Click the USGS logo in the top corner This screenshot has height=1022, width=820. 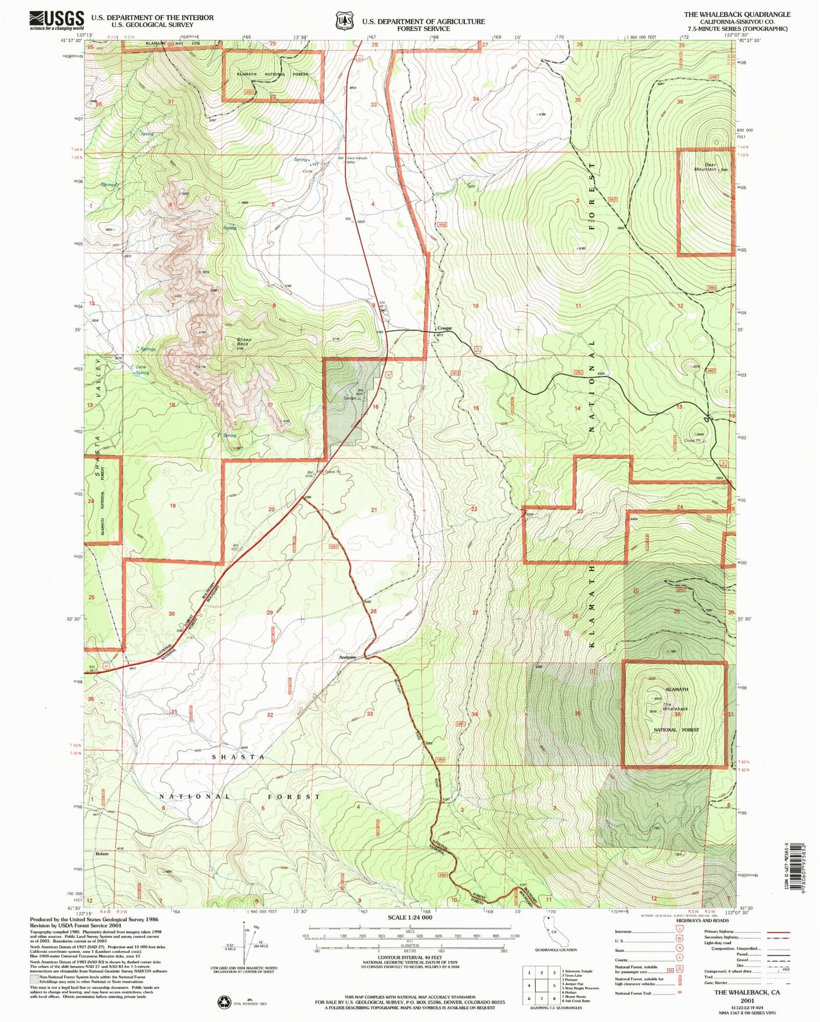click(x=57, y=21)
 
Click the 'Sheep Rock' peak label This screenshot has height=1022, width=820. click(x=244, y=342)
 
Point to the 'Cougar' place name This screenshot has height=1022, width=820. click(x=444, y=328)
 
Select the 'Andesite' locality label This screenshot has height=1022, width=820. click(x=347, y=657)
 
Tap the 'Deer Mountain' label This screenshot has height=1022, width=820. click(x=705, y=167)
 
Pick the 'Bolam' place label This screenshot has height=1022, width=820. click(x=102, y=854)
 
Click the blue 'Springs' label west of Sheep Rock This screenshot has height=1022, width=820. click(x=148, y=349)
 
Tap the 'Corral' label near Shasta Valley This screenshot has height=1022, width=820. click(x=140, y=366)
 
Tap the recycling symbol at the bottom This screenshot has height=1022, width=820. click(x=224, y=1003)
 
